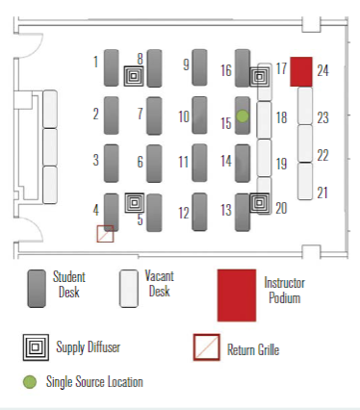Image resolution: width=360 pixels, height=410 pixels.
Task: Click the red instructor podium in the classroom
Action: (301, 72)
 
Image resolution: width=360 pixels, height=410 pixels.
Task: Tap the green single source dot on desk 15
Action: (243, 115)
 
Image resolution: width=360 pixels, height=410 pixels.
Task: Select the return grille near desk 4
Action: (105, 234)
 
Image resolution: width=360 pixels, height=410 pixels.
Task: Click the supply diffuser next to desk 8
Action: (134, 76)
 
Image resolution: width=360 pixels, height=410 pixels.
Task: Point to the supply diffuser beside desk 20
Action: (259, 202)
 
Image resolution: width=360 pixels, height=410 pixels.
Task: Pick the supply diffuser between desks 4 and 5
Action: (135, 203)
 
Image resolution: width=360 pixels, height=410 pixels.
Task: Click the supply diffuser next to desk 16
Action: (259, 77)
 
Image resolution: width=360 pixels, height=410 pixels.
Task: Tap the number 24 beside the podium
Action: (322, 70)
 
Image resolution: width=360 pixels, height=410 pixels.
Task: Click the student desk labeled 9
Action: (199, 67)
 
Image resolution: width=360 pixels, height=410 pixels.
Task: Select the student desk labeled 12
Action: (199, 212)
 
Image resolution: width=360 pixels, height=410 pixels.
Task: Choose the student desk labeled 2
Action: (112, 115)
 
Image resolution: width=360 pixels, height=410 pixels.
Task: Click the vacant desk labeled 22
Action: (305, 143)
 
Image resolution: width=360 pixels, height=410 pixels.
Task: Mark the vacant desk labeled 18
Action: (264, 120)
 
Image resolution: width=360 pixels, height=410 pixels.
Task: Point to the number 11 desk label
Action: (183, 162)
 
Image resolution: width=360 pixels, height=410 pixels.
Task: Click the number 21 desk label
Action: (322, 192)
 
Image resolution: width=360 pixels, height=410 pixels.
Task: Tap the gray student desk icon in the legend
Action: (37, 289)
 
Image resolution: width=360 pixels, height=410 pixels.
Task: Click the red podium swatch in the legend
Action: (237, 295)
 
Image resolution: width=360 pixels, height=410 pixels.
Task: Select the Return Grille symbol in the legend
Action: (207, 347)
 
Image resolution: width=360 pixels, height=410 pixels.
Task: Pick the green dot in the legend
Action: (30, 382)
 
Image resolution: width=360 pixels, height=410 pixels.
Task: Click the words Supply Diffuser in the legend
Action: (89, 347)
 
